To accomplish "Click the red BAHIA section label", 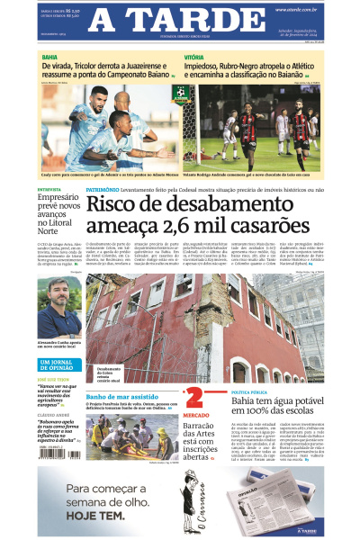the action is coord(49,56).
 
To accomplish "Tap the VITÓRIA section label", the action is coord(194,56).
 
